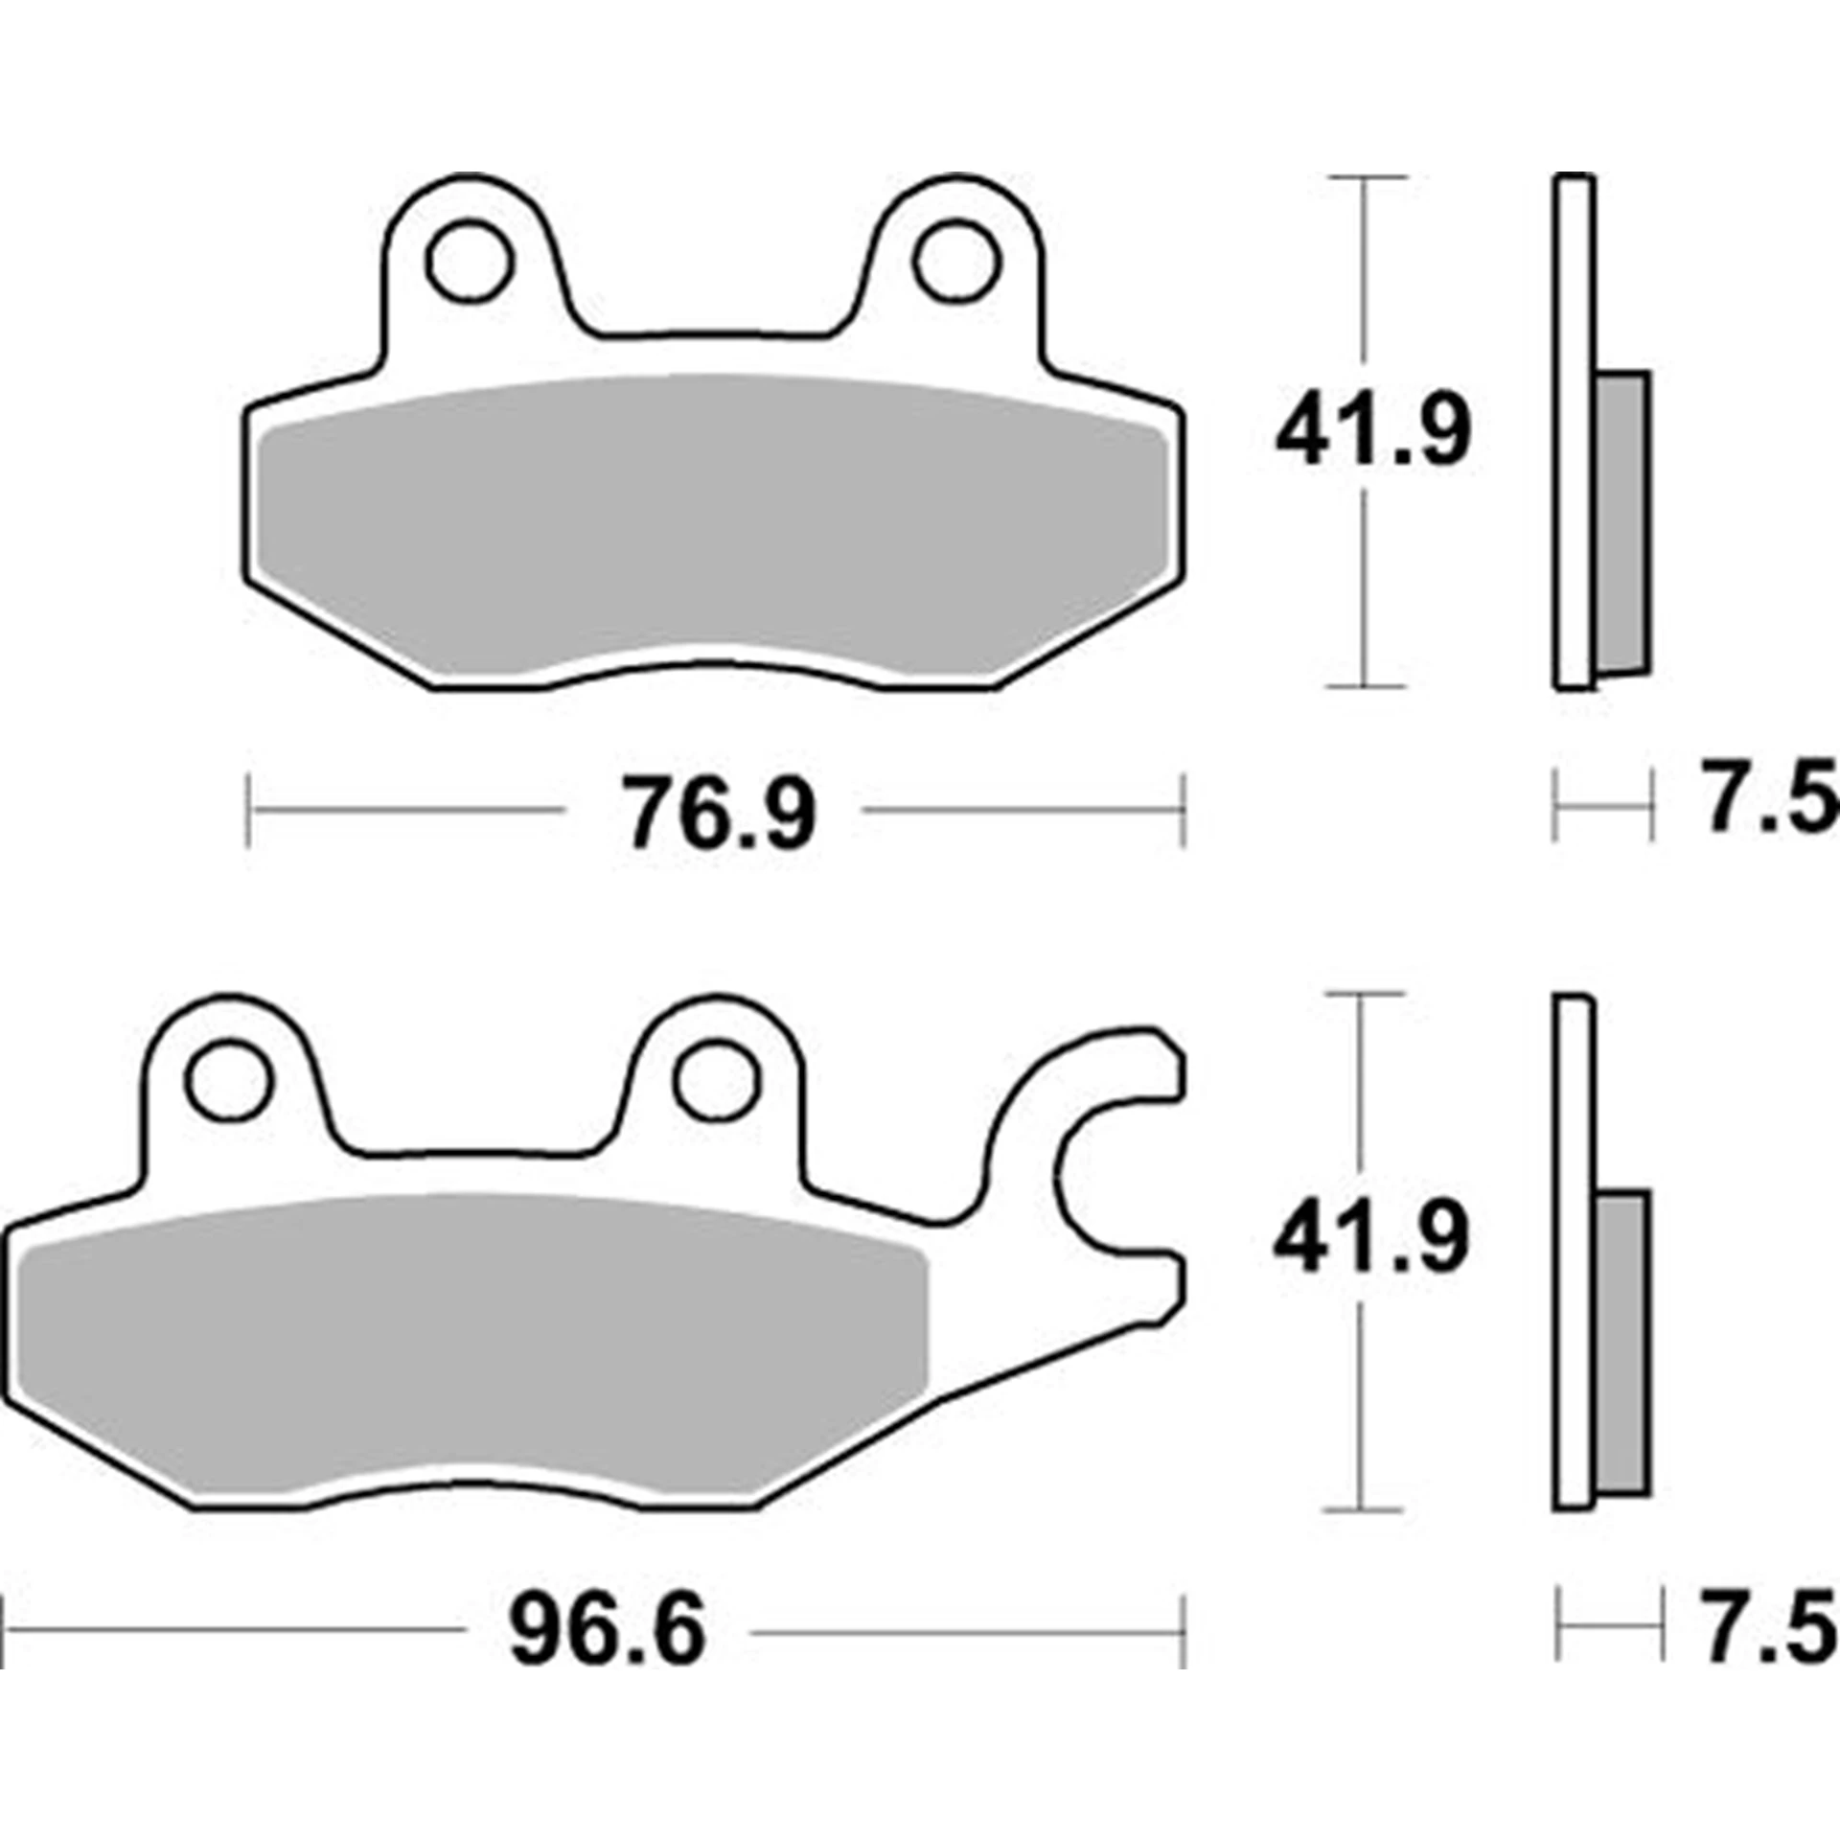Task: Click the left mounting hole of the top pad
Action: tap(470, 261)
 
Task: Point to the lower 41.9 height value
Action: tap(1370, 1241)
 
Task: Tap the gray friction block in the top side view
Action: tap(1623, 522)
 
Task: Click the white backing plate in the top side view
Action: tap(1574, 431)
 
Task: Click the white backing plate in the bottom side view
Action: tap(1574, 1246)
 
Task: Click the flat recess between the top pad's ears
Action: tap(714, 335)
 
